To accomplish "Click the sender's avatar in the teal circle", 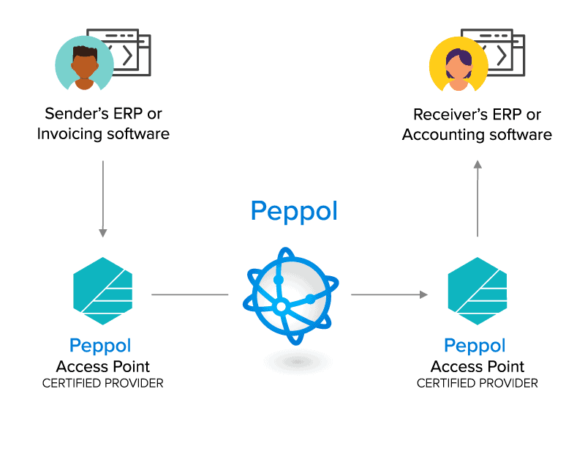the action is coord(84,64).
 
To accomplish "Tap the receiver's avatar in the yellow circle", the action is coord(458,64).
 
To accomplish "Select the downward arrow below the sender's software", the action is coord(103,199).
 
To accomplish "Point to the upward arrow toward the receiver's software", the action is coord(478,198).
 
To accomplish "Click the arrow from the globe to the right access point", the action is coord(389,294).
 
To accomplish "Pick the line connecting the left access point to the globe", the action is coord(190,294).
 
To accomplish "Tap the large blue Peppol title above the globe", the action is coord(294,212).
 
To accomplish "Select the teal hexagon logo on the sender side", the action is coord(103,291).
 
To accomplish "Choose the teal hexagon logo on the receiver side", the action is coord(478,291).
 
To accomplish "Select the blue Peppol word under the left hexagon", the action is coord(100,346).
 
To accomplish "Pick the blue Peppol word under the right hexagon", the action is coord(475,346).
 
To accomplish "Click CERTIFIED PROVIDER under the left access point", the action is coord(103,383).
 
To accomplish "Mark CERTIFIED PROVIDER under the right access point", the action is coord(478,383).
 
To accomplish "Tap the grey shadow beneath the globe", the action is coord(297,362).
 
